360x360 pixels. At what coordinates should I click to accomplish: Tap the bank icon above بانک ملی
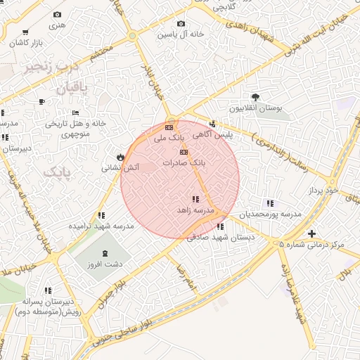pyautogui.click(x=169, y=127)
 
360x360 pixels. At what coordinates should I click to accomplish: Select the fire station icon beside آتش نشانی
pyautogui.click(x=121, y=157)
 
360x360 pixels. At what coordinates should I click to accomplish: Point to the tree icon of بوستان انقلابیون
pyautogui.click(x=255, y=98)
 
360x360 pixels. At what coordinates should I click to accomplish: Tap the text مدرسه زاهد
pyautogui.click(x=195, y=211)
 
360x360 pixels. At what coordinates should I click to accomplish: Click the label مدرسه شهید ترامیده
pyautogui.click(x=101, y=226)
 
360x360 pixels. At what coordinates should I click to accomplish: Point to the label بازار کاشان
pyautogui.click(x=26, y=43)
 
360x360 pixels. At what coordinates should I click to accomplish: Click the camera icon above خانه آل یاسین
pyautogui.click(x=181, y=23)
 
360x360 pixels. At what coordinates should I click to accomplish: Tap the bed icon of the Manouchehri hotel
pyautogui.click(x=76, y=112)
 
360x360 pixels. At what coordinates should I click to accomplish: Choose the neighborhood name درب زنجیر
pyautogui.click(x=50, y=68)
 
